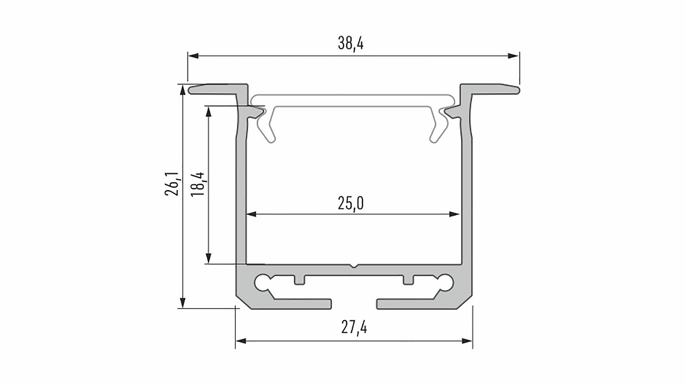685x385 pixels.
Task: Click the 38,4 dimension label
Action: click(351, 43)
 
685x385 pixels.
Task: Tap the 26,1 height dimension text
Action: click(172, 184)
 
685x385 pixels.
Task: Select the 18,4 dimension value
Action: click(197, 184)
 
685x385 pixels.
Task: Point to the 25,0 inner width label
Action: click(351, 204)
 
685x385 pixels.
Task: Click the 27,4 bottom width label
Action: click(354, 327)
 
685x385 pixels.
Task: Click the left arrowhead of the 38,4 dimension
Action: click(193, 56)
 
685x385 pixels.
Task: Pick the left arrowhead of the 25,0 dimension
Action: click(251, 214)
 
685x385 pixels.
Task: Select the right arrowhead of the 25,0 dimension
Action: click(454, 214)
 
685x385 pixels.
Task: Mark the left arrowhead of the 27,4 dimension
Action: click(241, 341)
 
